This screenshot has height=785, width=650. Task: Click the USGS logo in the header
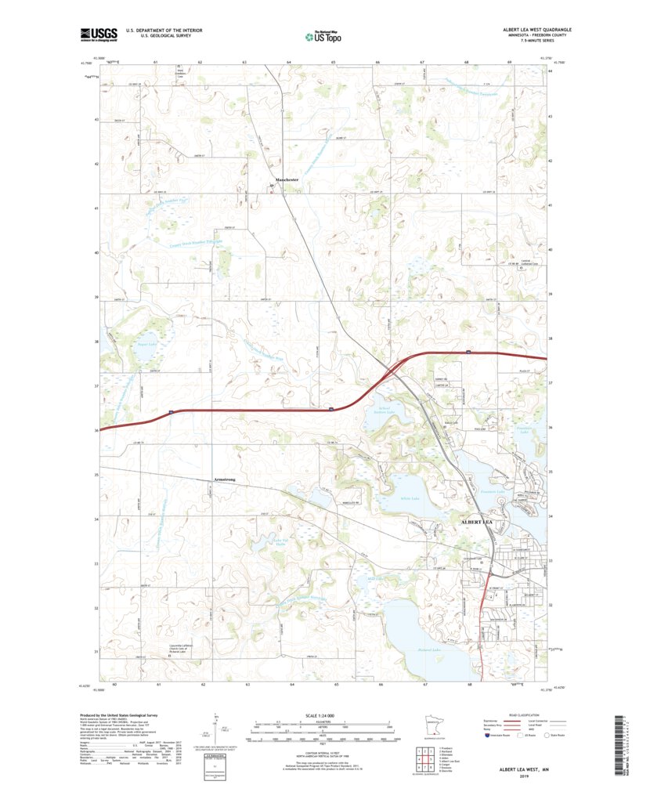click(98, 34)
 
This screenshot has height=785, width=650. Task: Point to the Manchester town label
click(266, 179)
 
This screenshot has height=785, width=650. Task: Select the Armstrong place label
click(224, 479)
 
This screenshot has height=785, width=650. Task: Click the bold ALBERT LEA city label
click(477, 521)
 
